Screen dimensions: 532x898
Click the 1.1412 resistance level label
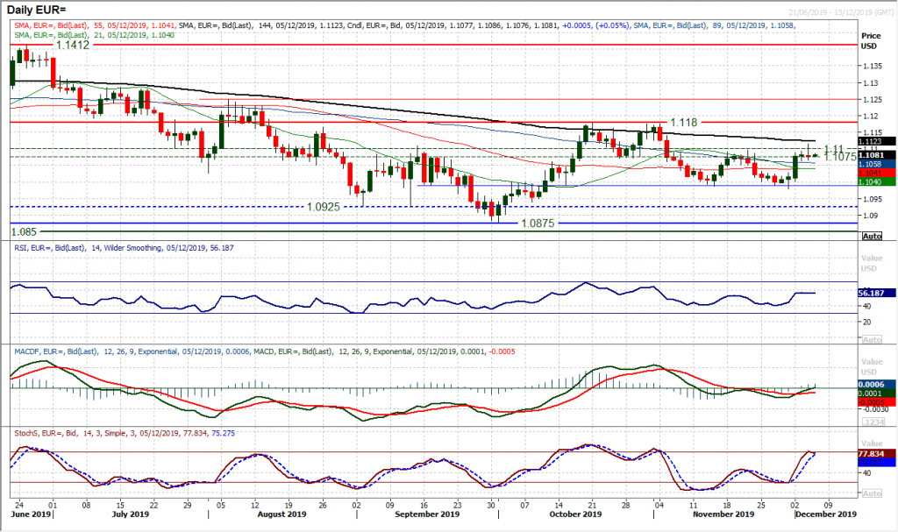click(74, 43)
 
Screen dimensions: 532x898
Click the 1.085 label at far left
click(25, 231)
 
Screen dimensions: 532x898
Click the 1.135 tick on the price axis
click(871, 66)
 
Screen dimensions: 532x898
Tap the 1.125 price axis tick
click(871, 99)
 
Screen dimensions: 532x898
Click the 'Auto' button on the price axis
click(872, 237)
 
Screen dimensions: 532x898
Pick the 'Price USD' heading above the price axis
click(871, 40)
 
